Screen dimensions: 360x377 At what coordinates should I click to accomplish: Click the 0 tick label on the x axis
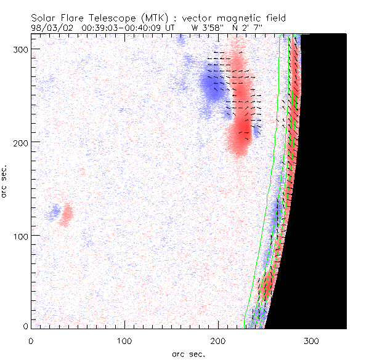[x=31, y=339]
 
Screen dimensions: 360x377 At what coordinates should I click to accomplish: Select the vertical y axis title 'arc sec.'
[x=6, y=180]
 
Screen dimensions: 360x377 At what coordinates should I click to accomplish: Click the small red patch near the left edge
[x=66, y=215]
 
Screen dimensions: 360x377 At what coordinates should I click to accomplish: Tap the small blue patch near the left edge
[x=55, y=212]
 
